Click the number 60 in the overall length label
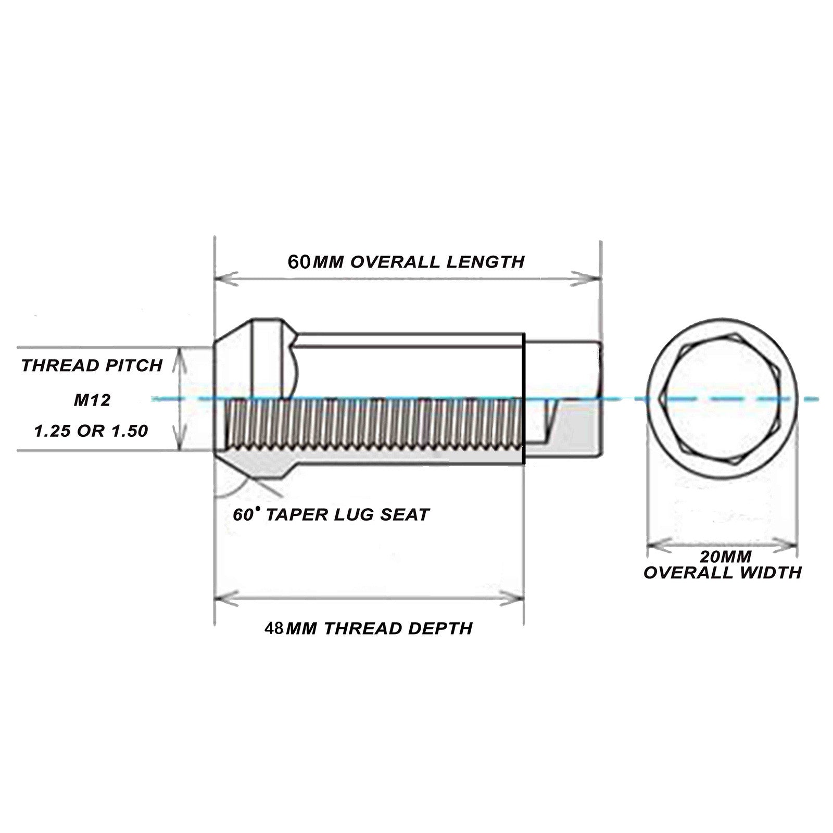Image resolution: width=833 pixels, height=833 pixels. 299,261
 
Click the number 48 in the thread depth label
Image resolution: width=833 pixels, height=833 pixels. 274,628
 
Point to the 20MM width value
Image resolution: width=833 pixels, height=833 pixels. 725,557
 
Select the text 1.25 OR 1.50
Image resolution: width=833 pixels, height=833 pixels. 91,431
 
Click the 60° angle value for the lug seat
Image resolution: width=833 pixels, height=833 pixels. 246,514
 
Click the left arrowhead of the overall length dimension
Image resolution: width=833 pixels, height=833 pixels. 225,278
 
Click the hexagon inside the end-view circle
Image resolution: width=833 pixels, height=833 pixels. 721,399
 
